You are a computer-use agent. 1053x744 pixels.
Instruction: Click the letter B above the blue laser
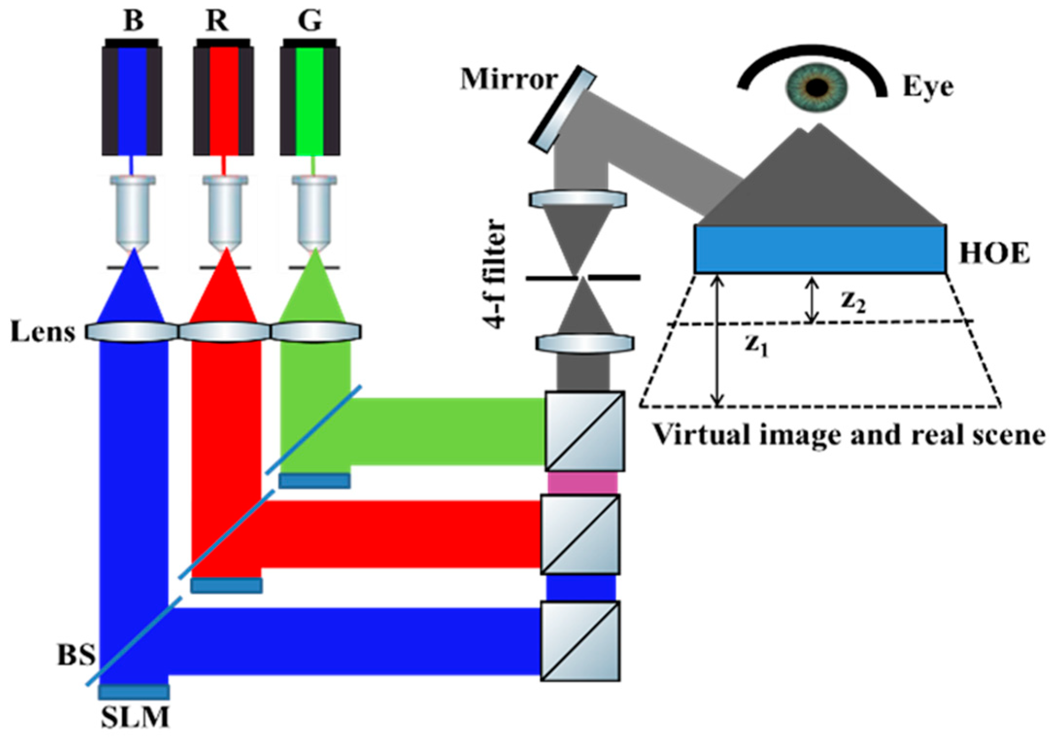[x=134, y=21]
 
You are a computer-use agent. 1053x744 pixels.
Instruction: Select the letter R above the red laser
[x=217, y=21]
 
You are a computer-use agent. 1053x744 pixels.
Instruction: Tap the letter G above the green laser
[x=310, y=21]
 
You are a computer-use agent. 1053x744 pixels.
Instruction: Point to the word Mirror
[x=509, y=79]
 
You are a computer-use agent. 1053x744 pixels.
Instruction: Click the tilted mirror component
[x=562, y=109]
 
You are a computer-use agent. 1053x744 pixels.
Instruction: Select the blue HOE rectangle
[x=820, y=249]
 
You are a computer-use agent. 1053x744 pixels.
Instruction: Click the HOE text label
[x=994, y=254]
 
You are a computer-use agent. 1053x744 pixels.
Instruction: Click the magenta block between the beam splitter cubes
[x=583, y=483]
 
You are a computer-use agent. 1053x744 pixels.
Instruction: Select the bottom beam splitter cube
[x=580, y=641]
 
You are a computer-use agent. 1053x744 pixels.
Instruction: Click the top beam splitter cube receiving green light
[x=585, y=431]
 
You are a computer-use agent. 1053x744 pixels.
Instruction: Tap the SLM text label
[x=135, y=717]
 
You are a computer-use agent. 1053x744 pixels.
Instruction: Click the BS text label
[x=77, y=655]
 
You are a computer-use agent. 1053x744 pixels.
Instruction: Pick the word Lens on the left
[x=43, y=333]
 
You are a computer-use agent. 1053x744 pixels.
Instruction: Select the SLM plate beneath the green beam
[x=315, y=481]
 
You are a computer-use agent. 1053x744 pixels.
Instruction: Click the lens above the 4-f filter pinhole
[x=578, y=200]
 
